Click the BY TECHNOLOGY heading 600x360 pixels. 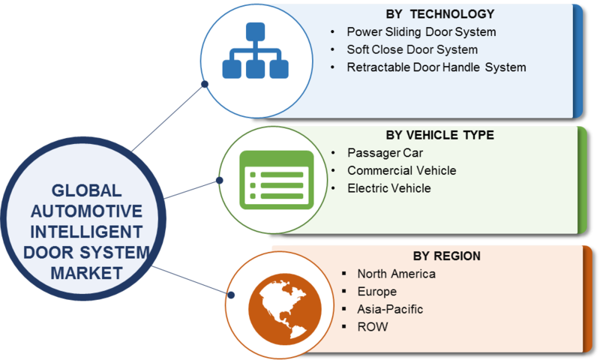click(439, 14)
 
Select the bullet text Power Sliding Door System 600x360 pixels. click(421, 32)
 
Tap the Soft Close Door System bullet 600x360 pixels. click(412, 49)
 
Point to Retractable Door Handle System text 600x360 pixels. click(436, 67)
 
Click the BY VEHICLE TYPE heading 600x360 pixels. click(439, 135)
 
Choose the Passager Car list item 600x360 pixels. click(385, 153)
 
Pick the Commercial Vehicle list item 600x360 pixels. click(402, 171)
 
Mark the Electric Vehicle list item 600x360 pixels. click(389, 188)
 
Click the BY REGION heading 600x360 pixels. click(446, 256)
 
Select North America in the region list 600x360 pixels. click(397, 274)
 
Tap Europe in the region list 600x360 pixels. click(377, 292)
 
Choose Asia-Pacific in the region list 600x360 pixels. click(390, 309)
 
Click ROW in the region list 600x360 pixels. click(372, 327)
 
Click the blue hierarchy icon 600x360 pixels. click(255, 50)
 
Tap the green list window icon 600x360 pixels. click(276, 180)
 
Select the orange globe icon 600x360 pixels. click(285, 309)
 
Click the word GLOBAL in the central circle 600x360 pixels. click(86, 190)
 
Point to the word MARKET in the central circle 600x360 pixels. click(86, 273)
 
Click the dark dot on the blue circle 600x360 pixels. click(205, 84)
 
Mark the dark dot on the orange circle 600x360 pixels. click(231, 295)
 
